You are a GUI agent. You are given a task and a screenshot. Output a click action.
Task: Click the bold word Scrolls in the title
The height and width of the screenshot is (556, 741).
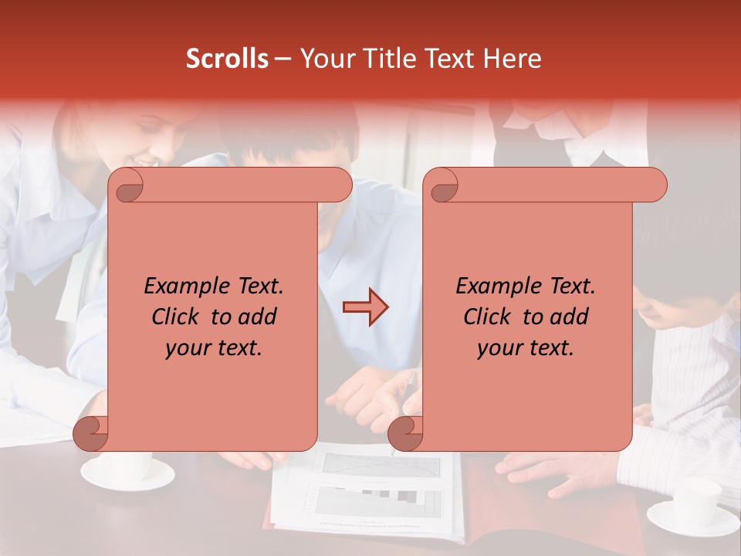[227, 59]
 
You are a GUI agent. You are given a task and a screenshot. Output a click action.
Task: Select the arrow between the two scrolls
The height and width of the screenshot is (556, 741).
[365, 307]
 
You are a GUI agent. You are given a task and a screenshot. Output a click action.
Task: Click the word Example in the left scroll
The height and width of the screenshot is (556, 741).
[186, 286]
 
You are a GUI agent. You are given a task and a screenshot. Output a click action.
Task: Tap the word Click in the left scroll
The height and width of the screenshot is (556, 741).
[177, 317]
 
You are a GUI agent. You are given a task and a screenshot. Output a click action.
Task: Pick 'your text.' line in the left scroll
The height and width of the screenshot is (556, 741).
[214, 347]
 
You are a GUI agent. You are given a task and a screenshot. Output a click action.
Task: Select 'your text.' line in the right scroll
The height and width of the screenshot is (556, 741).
[526, 347]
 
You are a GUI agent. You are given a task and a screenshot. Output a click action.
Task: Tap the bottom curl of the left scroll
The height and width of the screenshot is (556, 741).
[91, 432]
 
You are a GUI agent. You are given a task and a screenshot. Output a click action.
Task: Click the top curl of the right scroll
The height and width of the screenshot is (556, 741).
[442, 185]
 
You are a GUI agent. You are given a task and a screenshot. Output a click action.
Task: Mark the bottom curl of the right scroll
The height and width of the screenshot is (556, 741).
[405, 432]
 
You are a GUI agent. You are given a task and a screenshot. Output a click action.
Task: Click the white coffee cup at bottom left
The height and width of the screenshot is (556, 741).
[127, 469]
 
